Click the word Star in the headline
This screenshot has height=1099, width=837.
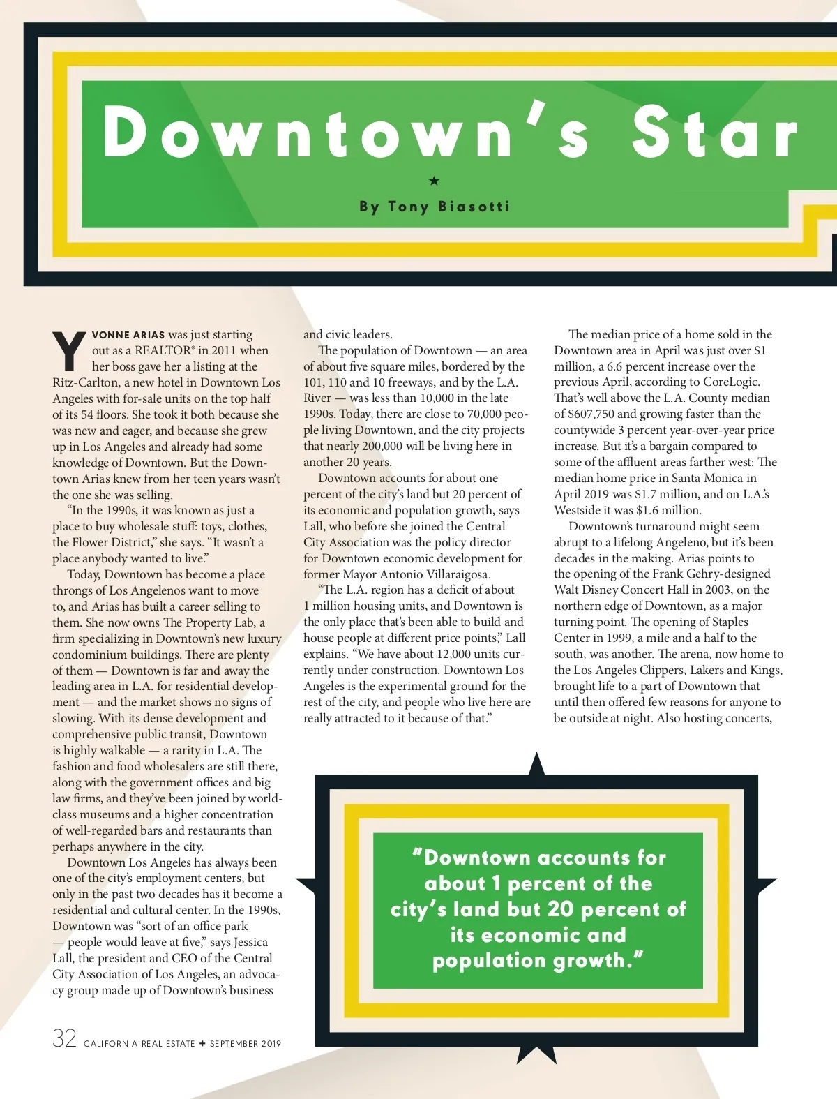[x=714, y=133]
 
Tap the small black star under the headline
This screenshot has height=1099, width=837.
[x=434, y=181]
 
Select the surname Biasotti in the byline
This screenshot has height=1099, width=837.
[x=474, y=207]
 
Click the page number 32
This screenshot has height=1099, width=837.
[x=64, y=1038]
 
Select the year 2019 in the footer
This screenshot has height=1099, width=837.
[x=269, y=1044]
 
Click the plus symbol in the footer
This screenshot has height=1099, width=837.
[x=202, y=1044]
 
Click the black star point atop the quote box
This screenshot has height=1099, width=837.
[x=536, y=764]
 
